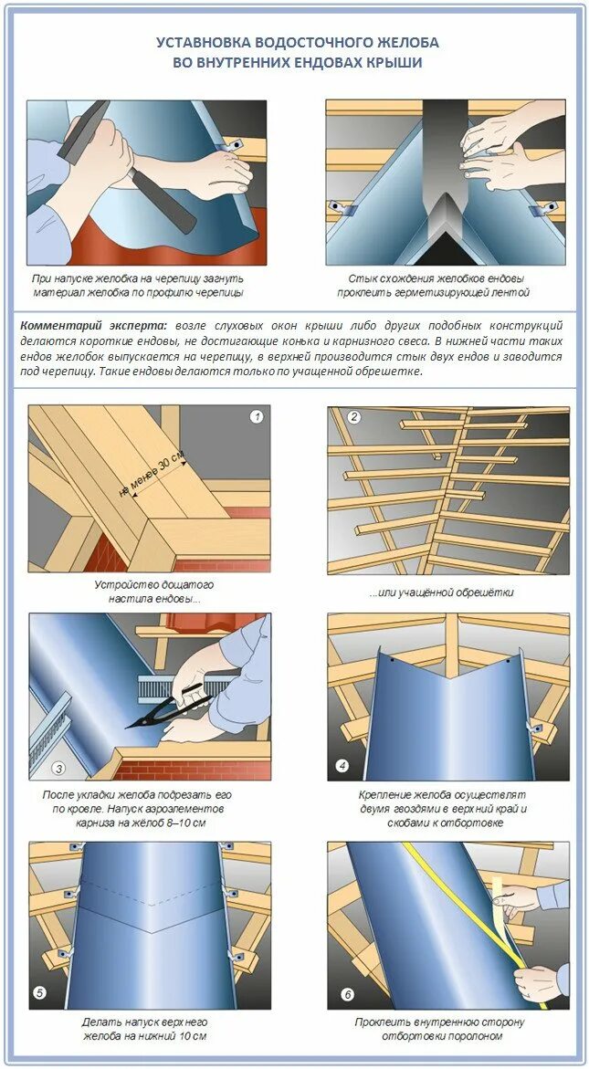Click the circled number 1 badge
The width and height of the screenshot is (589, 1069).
(257, 416)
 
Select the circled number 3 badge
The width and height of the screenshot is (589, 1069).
(59, 769)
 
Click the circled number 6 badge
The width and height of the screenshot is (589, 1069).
(348, 995)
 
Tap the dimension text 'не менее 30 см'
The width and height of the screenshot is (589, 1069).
(152, 473)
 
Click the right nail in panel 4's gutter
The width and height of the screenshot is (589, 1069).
(508, 660)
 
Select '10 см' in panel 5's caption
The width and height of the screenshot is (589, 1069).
(193, 1036)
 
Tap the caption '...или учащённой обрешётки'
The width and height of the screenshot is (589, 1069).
(442, 593)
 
